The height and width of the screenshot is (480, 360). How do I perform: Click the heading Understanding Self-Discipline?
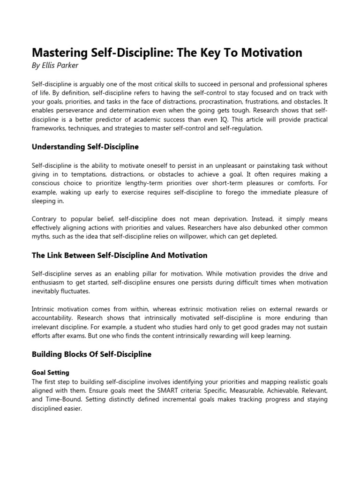(x=85, y=147)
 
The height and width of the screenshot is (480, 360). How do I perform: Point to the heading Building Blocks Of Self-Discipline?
(x=91, y=354)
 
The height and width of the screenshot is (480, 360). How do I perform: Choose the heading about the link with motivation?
(x=120, y=255)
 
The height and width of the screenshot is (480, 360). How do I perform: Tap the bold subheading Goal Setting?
(x=51, y=373)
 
